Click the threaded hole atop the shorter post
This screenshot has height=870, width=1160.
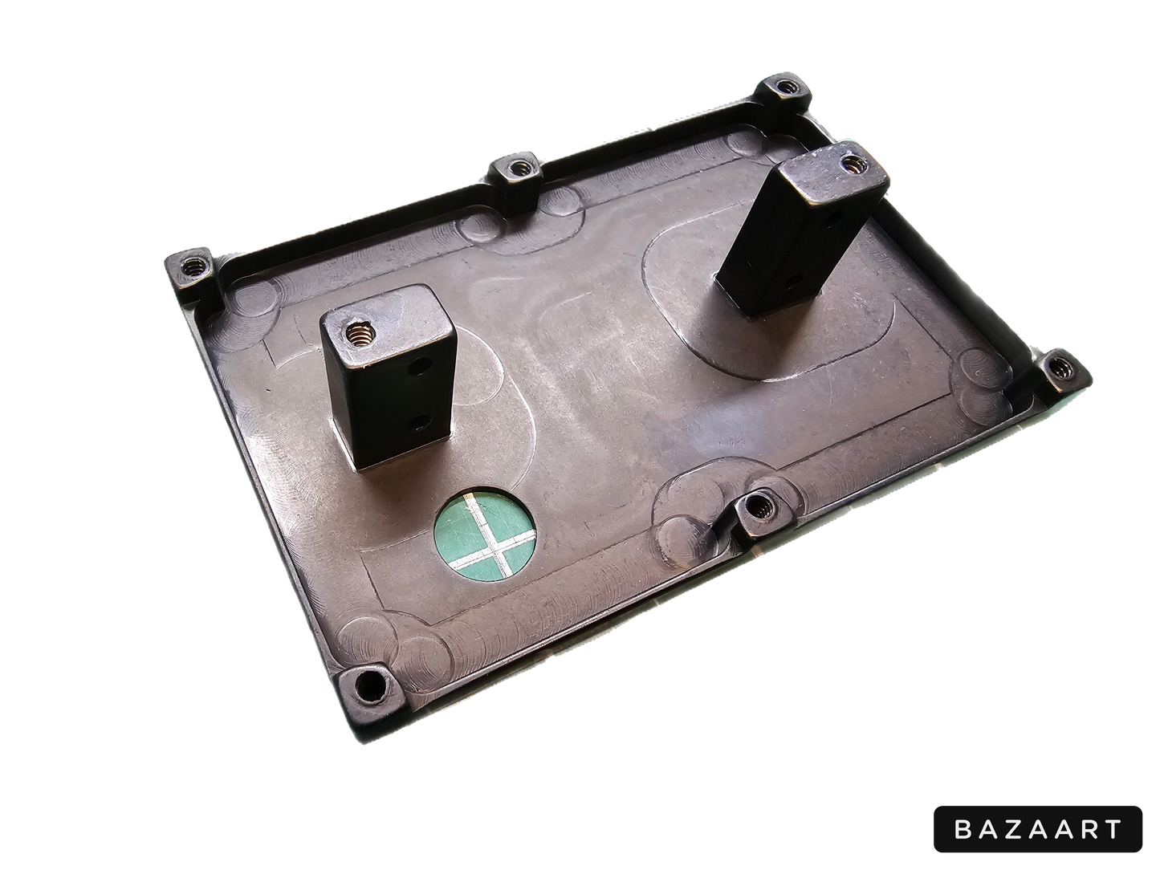tap(360, 332)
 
